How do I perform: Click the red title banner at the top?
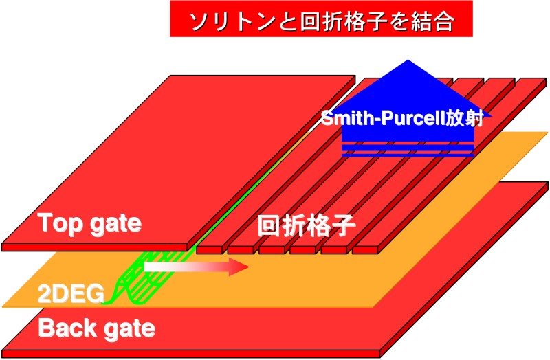pos(321,19)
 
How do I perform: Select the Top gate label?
pos(90,223)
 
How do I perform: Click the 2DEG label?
pos(71,293)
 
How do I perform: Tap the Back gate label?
pos(96,329)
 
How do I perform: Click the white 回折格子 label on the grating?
pos(307,225)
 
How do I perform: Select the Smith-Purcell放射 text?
pos(402,117)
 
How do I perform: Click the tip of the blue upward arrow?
pos(407,60)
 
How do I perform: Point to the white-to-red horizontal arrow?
pos(197,267)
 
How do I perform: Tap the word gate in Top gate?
pos(115,225)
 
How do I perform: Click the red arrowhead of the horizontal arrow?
pos(239,267)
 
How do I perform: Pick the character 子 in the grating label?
pos(344,225)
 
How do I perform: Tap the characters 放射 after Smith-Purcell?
pos(465,117)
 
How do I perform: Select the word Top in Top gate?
pos(60,223)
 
